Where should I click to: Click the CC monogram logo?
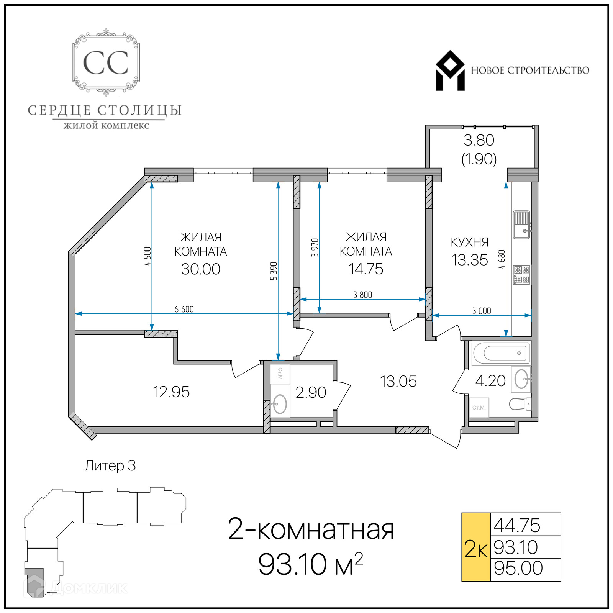click(106, 62)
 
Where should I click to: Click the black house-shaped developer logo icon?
click(450, 70)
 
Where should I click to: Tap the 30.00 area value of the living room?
click(201, 269)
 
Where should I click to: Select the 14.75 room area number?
click(366, 269)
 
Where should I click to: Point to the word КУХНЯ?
click(470, 242)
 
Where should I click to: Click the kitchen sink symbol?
click(522, 225)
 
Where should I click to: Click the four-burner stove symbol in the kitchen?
click(521, 275)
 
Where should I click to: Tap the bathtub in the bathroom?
click(502, 353)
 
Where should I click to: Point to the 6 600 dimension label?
click(184, 309)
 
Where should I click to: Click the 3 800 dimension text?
click(362, 295)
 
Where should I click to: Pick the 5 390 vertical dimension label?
click(274, 271)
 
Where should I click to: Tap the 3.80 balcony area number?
click(479, 140)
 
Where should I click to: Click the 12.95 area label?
click(171, 392)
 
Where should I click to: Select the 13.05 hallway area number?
click(398, 381)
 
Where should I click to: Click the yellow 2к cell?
click(476, 547)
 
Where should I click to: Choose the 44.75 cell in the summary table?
click(526, 524)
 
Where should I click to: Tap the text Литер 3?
click(110, 465)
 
